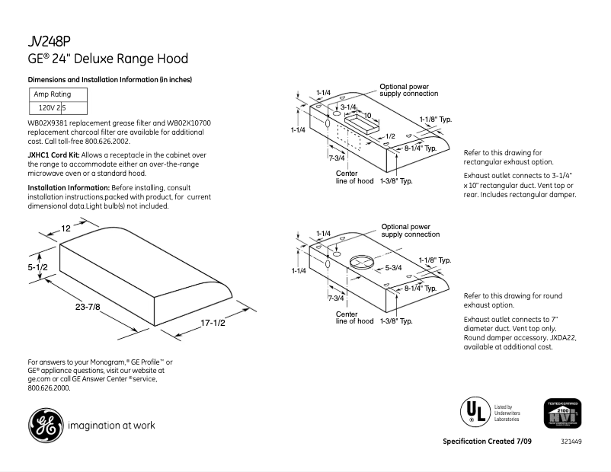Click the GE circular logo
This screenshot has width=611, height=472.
[46, 425]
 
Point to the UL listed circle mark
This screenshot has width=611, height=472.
[473, 412]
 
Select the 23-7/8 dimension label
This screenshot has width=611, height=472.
[88, 306]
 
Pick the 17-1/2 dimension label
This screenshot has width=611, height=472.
[213, 324]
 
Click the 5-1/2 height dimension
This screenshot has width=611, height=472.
[39, 267]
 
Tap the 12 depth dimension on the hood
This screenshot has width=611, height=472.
[66, 228]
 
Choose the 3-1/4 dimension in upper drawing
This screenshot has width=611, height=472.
[348, 107]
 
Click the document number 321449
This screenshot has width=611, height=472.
[571, 442]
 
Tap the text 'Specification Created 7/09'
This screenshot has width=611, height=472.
[487, 442]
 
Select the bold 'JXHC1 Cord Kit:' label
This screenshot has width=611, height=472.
[53, 155]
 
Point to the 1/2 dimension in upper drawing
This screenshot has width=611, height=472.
[390, 136]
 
